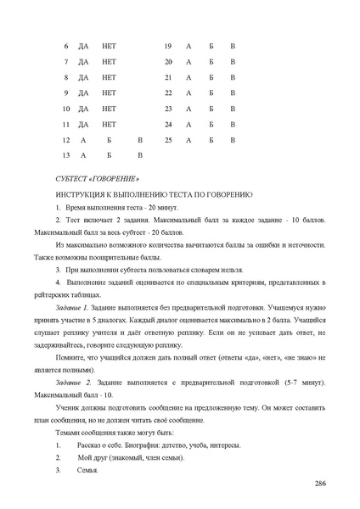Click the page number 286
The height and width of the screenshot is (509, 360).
click(320, 484)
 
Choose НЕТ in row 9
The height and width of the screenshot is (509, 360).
click(109, 92)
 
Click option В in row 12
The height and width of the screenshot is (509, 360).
click(140, 139)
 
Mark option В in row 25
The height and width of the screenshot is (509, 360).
click(233, 139)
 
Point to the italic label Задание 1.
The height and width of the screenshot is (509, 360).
click(71, 303)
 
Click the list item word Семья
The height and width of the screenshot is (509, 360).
click(88, 469)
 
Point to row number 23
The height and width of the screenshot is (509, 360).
click(168, 109)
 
